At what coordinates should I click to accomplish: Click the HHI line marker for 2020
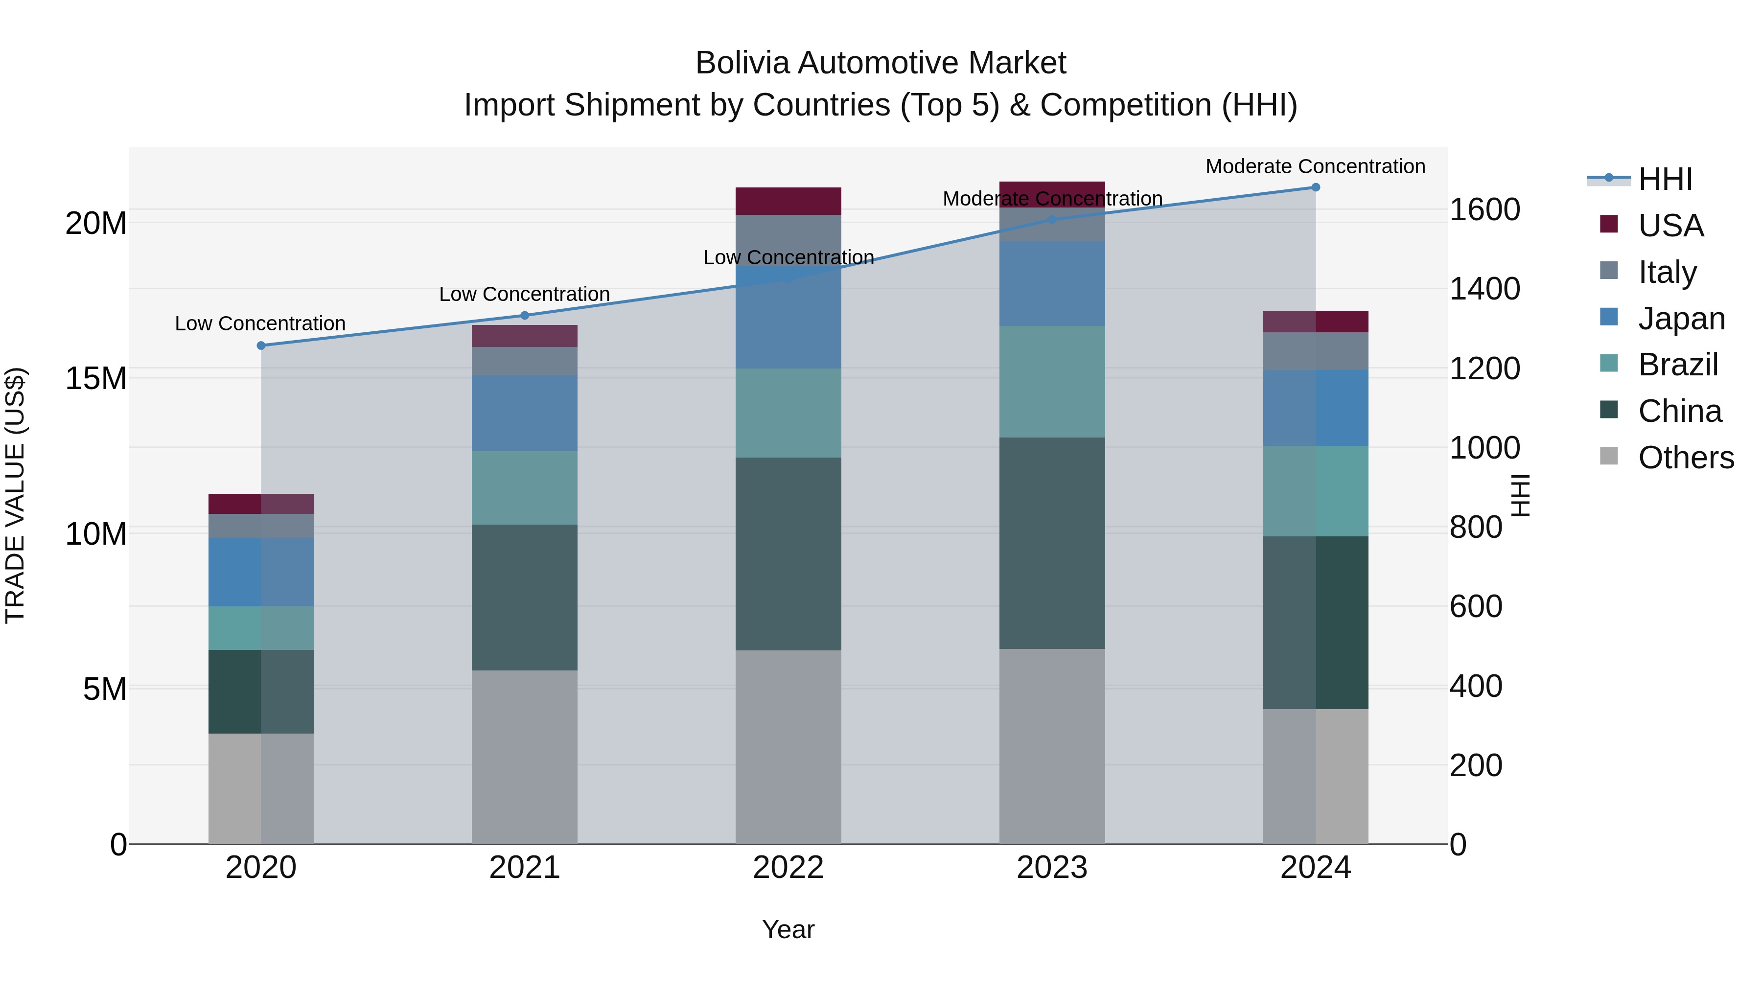pos(260,346)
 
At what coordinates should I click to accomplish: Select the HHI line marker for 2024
pos(1315,187)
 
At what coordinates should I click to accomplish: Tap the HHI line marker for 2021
pos(525,315)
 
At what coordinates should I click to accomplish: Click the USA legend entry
pos(1669,225)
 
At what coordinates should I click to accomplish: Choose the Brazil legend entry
pos(1677,365)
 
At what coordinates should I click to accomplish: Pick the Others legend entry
pos(1685,457)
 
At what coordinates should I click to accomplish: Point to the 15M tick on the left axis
pos(96,378)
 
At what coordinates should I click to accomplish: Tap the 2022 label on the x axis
pos(788,867)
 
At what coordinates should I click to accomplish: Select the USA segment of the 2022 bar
pos(788,201)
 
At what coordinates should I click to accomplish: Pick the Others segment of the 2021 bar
pos(525,757)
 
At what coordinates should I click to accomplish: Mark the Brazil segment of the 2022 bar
pos(788,413)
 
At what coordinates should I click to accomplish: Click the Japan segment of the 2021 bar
pos(525,413)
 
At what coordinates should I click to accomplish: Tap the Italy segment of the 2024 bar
pos(1315,351)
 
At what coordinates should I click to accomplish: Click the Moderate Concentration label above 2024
pos(1315,166)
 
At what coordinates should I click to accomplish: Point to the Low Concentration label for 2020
pos(260,323)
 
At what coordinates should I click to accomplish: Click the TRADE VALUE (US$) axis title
pos(16,495)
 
